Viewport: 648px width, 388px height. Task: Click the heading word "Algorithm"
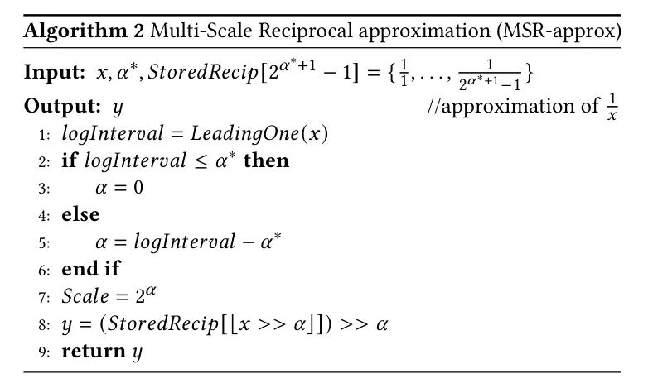(x=75, y=31)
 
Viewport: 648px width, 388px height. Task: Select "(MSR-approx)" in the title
(x=559, y=31)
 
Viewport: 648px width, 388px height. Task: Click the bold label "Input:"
(x=54, y=72)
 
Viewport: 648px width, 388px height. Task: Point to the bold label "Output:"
(x=62, y=106)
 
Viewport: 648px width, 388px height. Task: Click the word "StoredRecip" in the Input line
(x=203, y=72)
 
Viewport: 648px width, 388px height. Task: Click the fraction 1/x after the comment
(x=612, y=106)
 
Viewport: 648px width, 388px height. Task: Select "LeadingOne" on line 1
(x=244, y=134)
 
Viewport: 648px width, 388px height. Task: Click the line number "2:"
(x=44, y=162)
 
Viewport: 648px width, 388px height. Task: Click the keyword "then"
(x=267, y=160)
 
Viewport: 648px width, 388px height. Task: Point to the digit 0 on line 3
(x=138, y=188)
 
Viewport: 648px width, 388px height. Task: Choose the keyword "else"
(x=80, y=214)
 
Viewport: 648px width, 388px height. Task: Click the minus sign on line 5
(x=248, y=242)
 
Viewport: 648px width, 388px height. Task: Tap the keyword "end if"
(x=91, y=269)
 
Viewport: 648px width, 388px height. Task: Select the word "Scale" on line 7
(x=85, y=296)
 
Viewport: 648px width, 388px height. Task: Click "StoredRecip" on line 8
(x=162, y=324)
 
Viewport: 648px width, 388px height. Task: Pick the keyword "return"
(x=94, y=352)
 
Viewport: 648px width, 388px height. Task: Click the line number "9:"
(x=44, y=352)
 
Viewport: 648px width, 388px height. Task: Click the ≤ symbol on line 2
(x=201, y=161)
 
